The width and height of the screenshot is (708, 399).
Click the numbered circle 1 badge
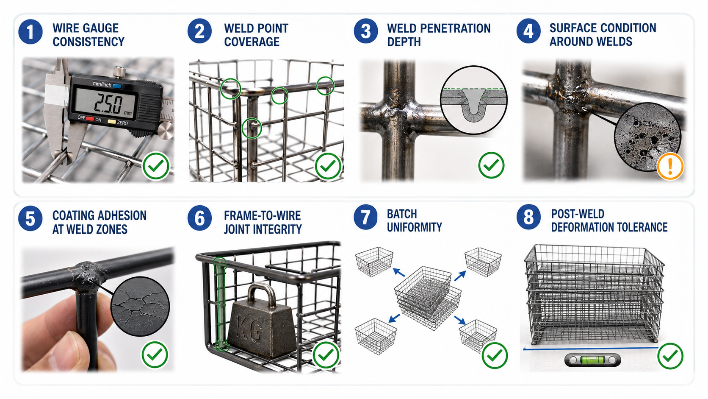(x=30, y=32)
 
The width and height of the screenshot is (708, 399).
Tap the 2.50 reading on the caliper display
(x=108, y=104)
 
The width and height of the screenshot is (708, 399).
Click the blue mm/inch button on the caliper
(x=116, y=86)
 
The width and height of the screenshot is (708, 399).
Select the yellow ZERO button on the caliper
(x=111, y=122)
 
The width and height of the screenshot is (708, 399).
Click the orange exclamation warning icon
(x=670, y=166)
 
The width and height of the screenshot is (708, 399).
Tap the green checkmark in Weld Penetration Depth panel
(x=491, y=165)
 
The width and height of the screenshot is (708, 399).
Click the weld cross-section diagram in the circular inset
(x=473, y=100)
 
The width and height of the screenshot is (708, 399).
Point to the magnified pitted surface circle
(x=647, y=137)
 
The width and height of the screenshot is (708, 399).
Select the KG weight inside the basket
(x=262, y=320)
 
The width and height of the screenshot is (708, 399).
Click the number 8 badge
(x=528, y=218)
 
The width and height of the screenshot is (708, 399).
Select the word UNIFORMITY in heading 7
(x=415, y=227)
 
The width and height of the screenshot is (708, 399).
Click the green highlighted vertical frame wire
(x=221, y=304)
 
